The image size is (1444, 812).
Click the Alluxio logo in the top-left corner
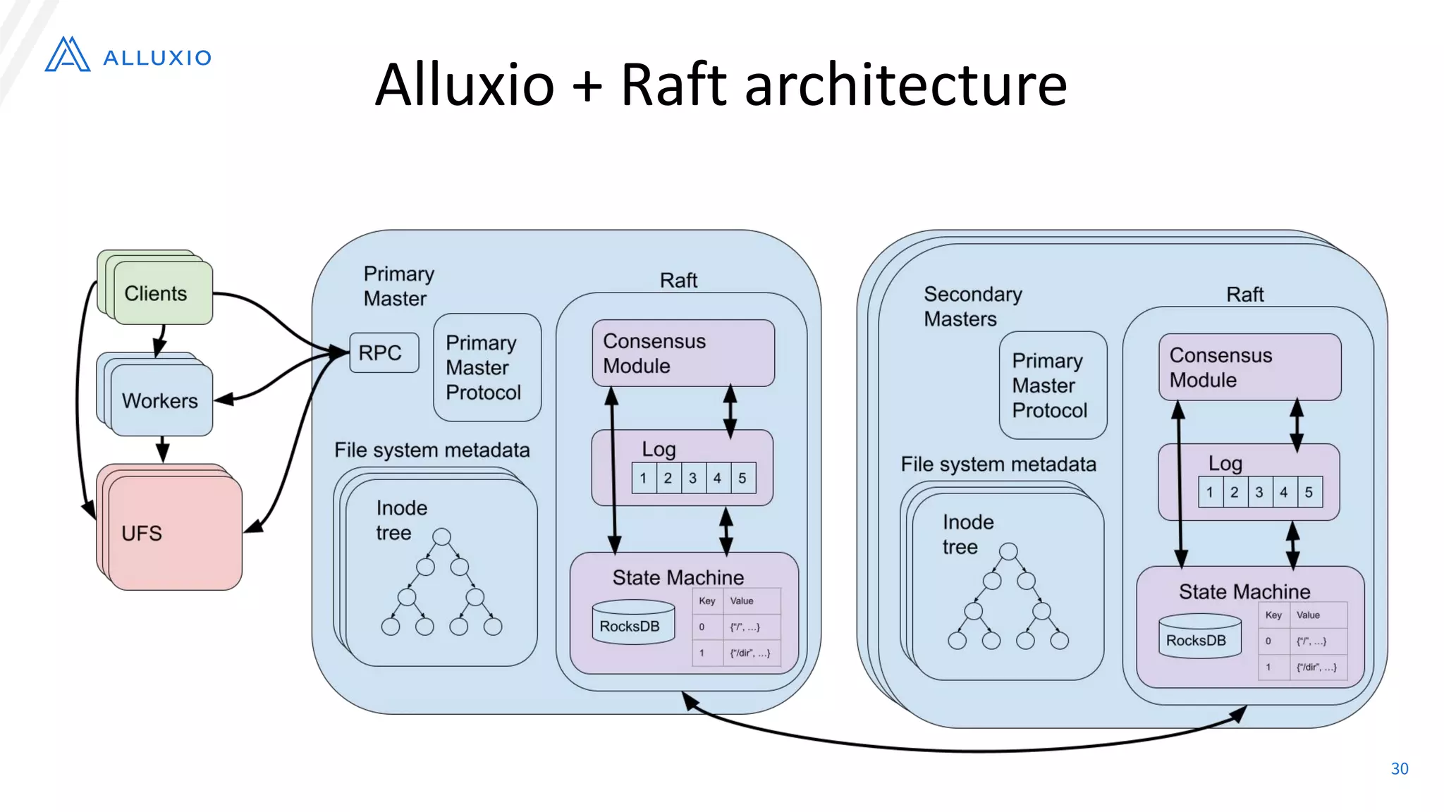point(127,55)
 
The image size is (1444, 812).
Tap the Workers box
point(161,400)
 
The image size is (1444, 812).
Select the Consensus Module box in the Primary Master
point(683,353)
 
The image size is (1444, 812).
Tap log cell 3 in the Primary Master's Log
point(693,478)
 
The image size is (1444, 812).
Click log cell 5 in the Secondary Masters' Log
point(1309,492)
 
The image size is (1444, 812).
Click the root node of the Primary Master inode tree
point(441,537)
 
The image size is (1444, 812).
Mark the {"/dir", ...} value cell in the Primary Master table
point(750,653)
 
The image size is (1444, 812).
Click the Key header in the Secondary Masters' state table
point(1273,615)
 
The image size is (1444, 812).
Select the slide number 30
point(1399,768)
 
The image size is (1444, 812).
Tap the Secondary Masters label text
point(972,306)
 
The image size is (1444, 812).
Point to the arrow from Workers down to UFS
point(162,449)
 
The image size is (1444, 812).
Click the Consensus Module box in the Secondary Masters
point(1249,367)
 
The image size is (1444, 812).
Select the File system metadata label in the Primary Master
point(432,450)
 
